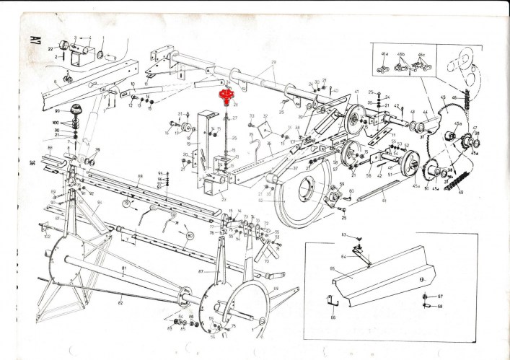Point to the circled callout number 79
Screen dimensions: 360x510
pos(126,205)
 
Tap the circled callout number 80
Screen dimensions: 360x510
pos(190,235)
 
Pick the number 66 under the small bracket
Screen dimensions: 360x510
pos(333,316)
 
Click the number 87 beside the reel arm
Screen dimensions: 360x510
pos(206,271)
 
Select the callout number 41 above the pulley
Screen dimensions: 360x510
pos(356,92)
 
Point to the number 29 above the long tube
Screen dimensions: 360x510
pos(274,63)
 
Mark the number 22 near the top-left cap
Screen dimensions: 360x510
pos(51,48)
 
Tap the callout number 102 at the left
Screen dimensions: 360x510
pos(47,235)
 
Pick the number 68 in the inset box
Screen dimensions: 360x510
pos(439,305)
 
